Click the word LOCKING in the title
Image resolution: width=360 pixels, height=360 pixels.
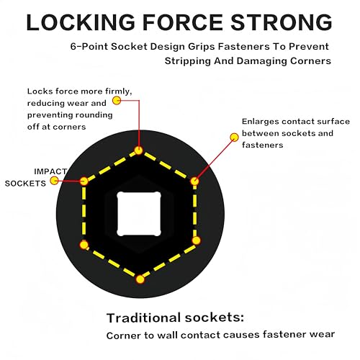coord(81,22)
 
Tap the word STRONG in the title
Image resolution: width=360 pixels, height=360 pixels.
coord(282,22)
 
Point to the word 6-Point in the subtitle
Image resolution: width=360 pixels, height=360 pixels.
coord(89,46)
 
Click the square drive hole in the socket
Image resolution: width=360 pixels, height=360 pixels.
coord(139,214)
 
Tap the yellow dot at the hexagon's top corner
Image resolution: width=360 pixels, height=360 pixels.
coord(139,150)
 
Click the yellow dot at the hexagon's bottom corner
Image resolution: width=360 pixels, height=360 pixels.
coord(140,279)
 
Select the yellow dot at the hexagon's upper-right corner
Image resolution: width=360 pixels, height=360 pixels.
coord(194,181)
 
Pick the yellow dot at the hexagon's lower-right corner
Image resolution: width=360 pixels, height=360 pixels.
coord(196,240)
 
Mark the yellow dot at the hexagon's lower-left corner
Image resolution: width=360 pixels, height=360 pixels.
coord(84,245)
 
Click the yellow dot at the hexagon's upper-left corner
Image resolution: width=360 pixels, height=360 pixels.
coord(84,181)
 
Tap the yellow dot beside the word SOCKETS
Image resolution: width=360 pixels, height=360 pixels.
coord(55,181)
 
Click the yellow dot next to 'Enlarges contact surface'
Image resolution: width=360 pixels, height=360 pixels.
coord(234,138)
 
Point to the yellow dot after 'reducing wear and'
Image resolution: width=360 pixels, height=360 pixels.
coord(117,100)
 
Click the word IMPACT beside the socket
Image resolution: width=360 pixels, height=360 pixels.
coord(50,171)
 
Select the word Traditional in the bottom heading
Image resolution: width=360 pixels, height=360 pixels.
coord(143,318)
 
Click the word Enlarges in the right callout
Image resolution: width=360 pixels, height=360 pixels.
coord(261,122)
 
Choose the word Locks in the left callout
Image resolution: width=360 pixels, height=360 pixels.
coord(37,91)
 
